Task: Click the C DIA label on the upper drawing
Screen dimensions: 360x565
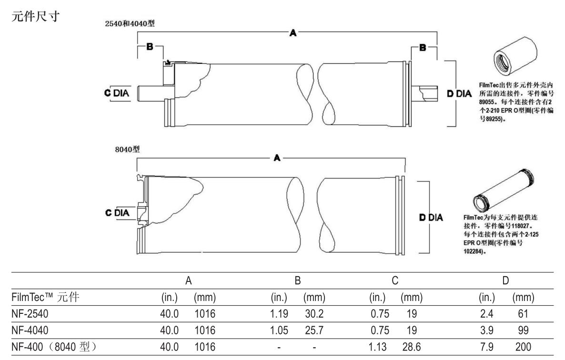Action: (x=117, y=93)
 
